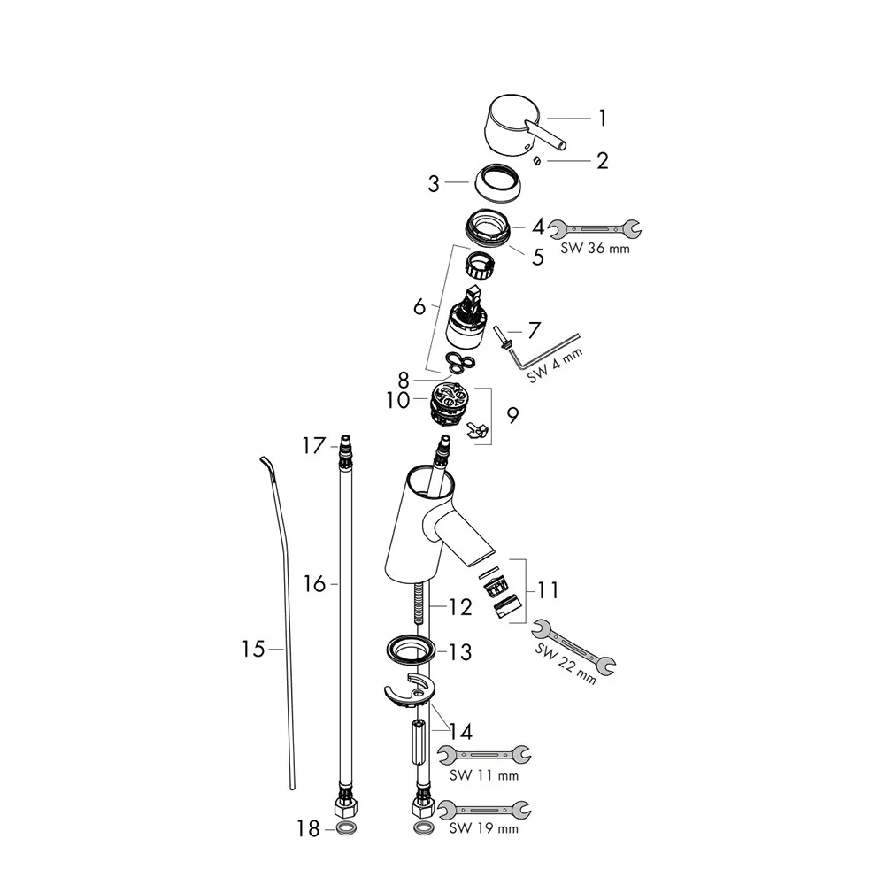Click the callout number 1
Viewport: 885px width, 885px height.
coord(602,119)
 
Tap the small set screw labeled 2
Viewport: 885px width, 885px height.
coord(537,161)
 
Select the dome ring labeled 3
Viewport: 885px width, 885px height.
coord(495,181)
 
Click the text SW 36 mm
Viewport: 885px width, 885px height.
coord(595,249)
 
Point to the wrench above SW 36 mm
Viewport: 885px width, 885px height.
coord(595,229)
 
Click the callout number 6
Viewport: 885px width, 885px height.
coord(419,306)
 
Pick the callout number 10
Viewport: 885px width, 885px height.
coord(398,400)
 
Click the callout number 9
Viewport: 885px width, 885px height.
coord(512,416)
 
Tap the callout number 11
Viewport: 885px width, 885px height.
coord(548,590)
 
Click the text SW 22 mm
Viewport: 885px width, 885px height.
coord(566,664)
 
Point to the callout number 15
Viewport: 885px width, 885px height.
coord(253,649)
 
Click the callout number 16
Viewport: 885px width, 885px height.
coord(314,583)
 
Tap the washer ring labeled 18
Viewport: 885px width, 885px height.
coord(345,828)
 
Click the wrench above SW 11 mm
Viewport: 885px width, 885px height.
coord(484,755)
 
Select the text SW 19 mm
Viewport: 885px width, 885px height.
coord(484,828)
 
